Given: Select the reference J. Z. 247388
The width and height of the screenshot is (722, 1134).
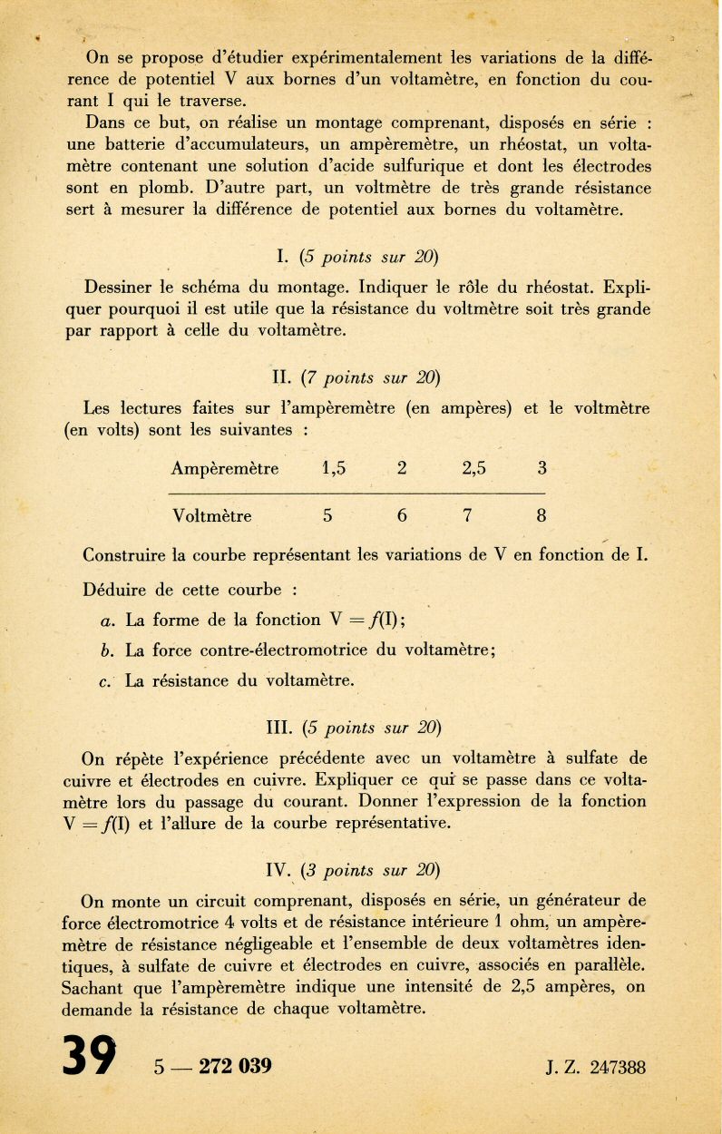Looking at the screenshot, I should [596, 1067].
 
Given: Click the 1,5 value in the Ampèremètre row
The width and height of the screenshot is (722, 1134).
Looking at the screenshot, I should [335, 469].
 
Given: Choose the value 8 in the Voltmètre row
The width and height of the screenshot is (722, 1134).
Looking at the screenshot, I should [541, 516].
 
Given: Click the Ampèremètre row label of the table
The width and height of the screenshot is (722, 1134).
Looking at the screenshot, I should [225, 469].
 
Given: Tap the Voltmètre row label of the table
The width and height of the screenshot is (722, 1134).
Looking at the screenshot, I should [212, 516].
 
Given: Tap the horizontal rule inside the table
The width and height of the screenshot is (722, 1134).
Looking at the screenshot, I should [356, 493].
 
